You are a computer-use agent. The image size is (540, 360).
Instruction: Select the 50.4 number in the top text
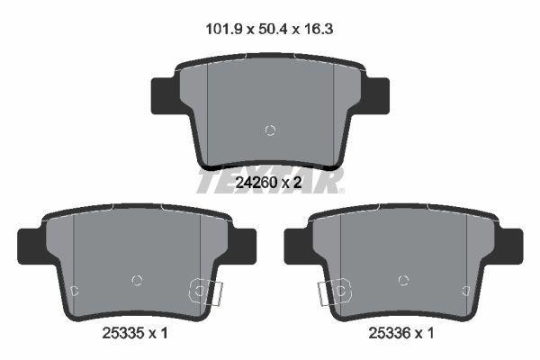pos(273,30)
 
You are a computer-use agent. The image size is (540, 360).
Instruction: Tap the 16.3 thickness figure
pos(319,30)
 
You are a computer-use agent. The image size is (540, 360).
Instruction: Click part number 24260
pos(256,183)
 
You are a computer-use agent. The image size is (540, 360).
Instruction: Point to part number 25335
pos(123,333)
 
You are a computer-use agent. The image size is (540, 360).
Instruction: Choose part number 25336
pos(390,333)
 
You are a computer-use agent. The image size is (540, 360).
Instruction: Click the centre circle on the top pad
pos(270,130)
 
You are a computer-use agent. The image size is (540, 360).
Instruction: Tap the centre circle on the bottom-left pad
pos(137,281)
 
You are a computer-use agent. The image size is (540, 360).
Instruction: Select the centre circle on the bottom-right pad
pos(403,281)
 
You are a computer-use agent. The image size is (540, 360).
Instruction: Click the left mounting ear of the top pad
pos(165,95)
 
